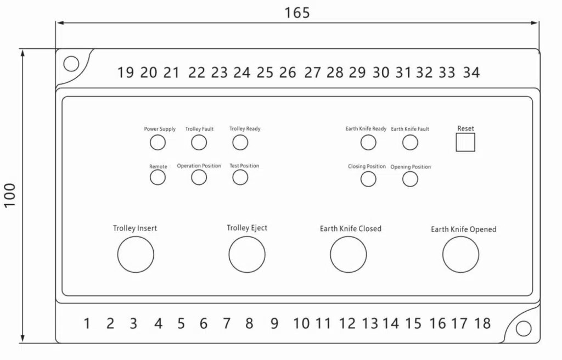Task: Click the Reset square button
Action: pyautogui.click(x=465, y=143)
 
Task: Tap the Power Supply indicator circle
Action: pyautogui.click(x=158, y=143)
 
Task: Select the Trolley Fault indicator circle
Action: pyautogui.click(x=199, y=143)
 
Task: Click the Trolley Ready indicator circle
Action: pyautogui.click(x=240, y=143)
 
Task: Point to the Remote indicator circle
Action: pyautogui.click(x=158, y=177)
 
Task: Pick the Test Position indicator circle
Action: pyautogui.click(x=240, y=177)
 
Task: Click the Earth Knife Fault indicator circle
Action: pyautogui.click(x=410, y=143)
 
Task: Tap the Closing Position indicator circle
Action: pyautogui.click(x=368, y=179)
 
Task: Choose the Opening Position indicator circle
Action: pyautogui.click(x=410, y=179)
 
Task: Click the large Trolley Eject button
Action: pyautogui.click(x=247, y=255)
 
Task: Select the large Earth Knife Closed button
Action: pyautogui.click(x=349, y=255)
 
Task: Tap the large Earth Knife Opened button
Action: pyautogui.click(x=461, y=255)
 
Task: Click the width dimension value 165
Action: pyautogui.click(x=297, y=13)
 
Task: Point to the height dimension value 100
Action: pyautogui.click(x=10, y=195)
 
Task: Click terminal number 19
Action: pyautogui.click(x=126, y=72)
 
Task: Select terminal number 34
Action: pyautogui.click(x=471, y=72)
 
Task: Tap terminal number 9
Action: pyautogui.click(x=274, y=324)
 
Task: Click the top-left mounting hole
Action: pyautogui.click(x=71, y=64)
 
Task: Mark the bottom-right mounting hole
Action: pyautogui.click(x=524, y=329)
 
